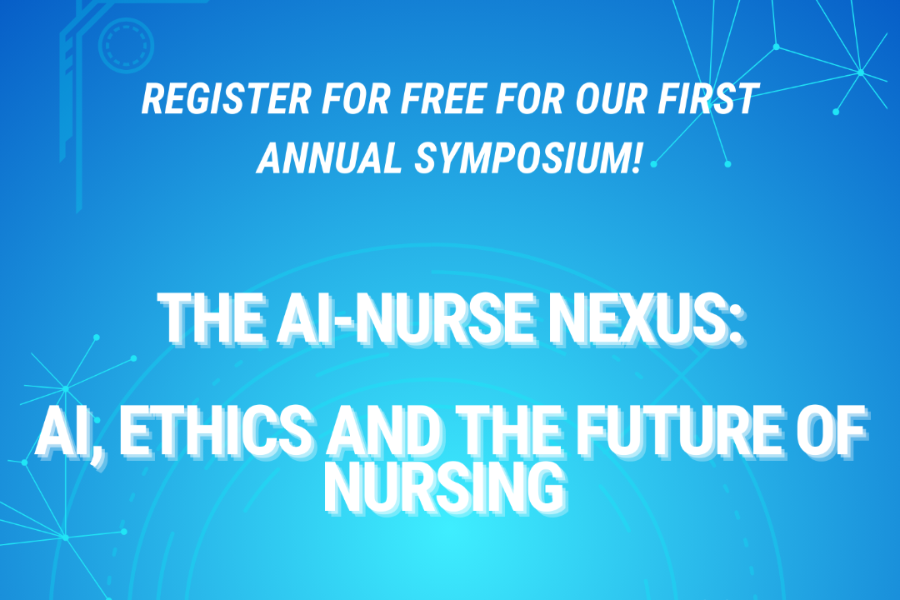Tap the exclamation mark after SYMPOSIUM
(x=637, y=157)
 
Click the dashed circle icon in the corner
(x=126, y=42)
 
